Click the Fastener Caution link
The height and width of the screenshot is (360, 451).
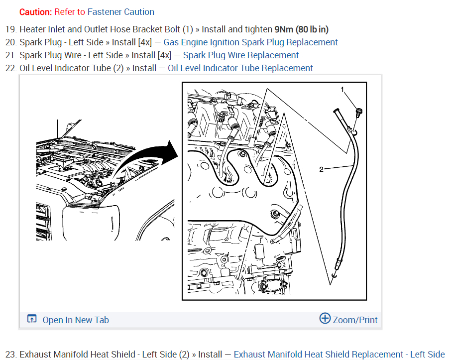120,12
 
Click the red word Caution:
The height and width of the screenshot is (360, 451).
35,12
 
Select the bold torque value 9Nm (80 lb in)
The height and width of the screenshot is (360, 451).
301,30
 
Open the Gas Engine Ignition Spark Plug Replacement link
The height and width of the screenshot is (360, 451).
250,42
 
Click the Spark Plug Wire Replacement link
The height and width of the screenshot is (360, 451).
241,55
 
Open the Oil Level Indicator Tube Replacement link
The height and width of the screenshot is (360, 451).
240,68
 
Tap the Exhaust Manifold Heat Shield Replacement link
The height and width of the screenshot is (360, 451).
339,355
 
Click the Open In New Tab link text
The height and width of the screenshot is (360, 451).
76,320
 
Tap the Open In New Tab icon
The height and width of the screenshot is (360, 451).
32,319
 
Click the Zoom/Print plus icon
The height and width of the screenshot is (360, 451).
325,319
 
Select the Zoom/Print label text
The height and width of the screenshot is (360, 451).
355,320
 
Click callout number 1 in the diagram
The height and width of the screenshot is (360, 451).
342,90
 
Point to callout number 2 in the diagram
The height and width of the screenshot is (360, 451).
321,169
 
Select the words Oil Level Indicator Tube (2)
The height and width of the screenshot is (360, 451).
72,68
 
